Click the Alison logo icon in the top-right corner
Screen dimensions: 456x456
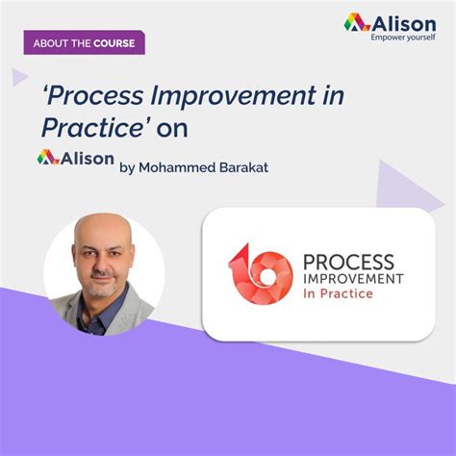(356, 21)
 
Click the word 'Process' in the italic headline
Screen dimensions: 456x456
(93, 97)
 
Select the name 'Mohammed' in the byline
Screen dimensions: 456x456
(174, 166)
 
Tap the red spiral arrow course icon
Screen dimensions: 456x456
(260, 272)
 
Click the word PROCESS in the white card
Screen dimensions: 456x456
(348, 262)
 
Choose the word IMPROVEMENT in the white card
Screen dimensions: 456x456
(353, 278)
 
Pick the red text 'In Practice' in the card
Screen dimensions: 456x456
(337, 293)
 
